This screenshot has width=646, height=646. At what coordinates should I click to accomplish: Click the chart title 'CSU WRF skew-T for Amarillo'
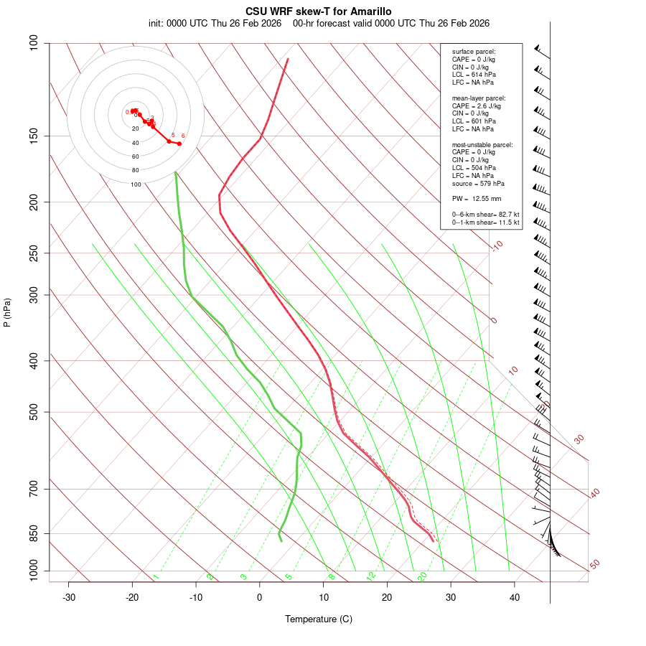pos(319,11)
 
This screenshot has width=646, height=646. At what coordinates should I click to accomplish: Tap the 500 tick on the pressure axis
pos(34,412)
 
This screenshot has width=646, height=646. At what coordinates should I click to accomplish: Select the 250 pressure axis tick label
pos(34,253)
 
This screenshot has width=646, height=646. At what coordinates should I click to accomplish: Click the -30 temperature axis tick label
pos(69,597)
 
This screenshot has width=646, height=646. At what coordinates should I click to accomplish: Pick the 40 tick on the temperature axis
pos(515,597)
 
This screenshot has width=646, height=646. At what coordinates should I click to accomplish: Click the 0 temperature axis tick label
pos(260,597)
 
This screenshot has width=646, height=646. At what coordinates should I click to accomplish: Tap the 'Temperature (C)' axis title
pos(319,619)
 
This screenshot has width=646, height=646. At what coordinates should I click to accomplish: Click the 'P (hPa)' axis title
pos(7,312)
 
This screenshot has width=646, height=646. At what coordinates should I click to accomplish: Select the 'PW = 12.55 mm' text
pos(477,199)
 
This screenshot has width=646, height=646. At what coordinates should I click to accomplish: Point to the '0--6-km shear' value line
pos(485,215)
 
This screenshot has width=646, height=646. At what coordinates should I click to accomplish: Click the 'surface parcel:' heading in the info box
pos(474,52)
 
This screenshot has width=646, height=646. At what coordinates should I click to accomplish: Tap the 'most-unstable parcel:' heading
pos(482,144)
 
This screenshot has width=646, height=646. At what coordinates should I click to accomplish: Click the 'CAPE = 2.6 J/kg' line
pos(477,106)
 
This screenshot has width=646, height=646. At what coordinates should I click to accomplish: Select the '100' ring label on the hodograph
pos(136,184)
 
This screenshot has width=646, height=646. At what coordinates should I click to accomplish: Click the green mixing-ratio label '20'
pos(423,576)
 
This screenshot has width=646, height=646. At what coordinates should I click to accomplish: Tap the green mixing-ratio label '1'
pos(156,577)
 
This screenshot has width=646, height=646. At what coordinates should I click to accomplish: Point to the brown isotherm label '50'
pos(594,565)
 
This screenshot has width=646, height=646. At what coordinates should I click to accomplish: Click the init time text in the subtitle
pos(215,23)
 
